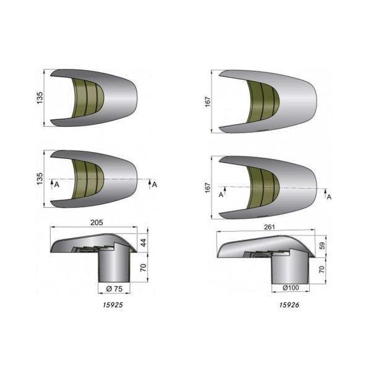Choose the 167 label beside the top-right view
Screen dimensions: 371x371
coord(208,101)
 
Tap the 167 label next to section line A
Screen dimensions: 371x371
coord(208,186)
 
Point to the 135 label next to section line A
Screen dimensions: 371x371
coord(40,179)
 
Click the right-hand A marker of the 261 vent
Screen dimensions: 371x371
coord(328,197)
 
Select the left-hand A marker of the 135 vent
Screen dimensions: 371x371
coord(56,184)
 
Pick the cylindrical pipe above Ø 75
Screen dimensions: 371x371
coord(114,266)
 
